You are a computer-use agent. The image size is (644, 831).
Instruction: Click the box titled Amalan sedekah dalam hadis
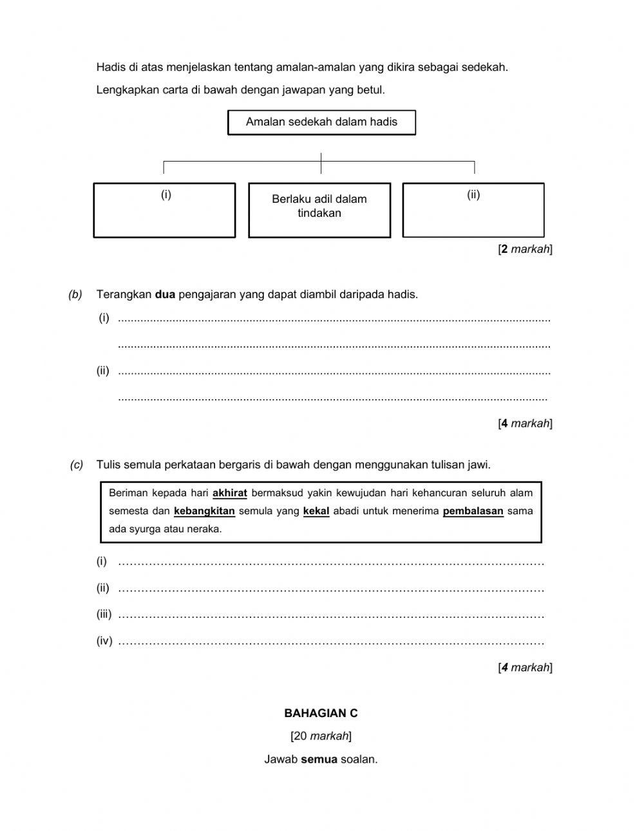coord(321,122)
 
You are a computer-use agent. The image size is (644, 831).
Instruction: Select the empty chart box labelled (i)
coord(164,210)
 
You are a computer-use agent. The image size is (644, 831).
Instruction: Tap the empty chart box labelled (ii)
coord(473,210)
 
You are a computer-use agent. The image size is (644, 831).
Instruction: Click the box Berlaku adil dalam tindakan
coord(319,210)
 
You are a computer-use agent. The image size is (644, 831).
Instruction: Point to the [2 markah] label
coord(525,249)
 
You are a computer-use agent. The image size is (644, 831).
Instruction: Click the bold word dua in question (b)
coord(165,295)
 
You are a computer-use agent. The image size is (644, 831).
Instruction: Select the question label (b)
coord(75,295)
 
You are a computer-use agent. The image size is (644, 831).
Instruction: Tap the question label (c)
coord(77,465)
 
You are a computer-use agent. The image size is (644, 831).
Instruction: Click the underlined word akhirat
coord(230,493)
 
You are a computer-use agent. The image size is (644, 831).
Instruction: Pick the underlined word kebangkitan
coord(204,511)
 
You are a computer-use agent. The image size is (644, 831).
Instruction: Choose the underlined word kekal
coord(316,511)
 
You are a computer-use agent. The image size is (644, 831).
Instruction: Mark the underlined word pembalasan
coord(473,511)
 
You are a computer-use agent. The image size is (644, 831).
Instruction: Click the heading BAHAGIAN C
coord(321,713)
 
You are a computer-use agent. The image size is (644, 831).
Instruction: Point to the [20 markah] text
coord(321,736)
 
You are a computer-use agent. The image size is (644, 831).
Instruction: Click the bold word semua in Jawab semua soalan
coord(319,759)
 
